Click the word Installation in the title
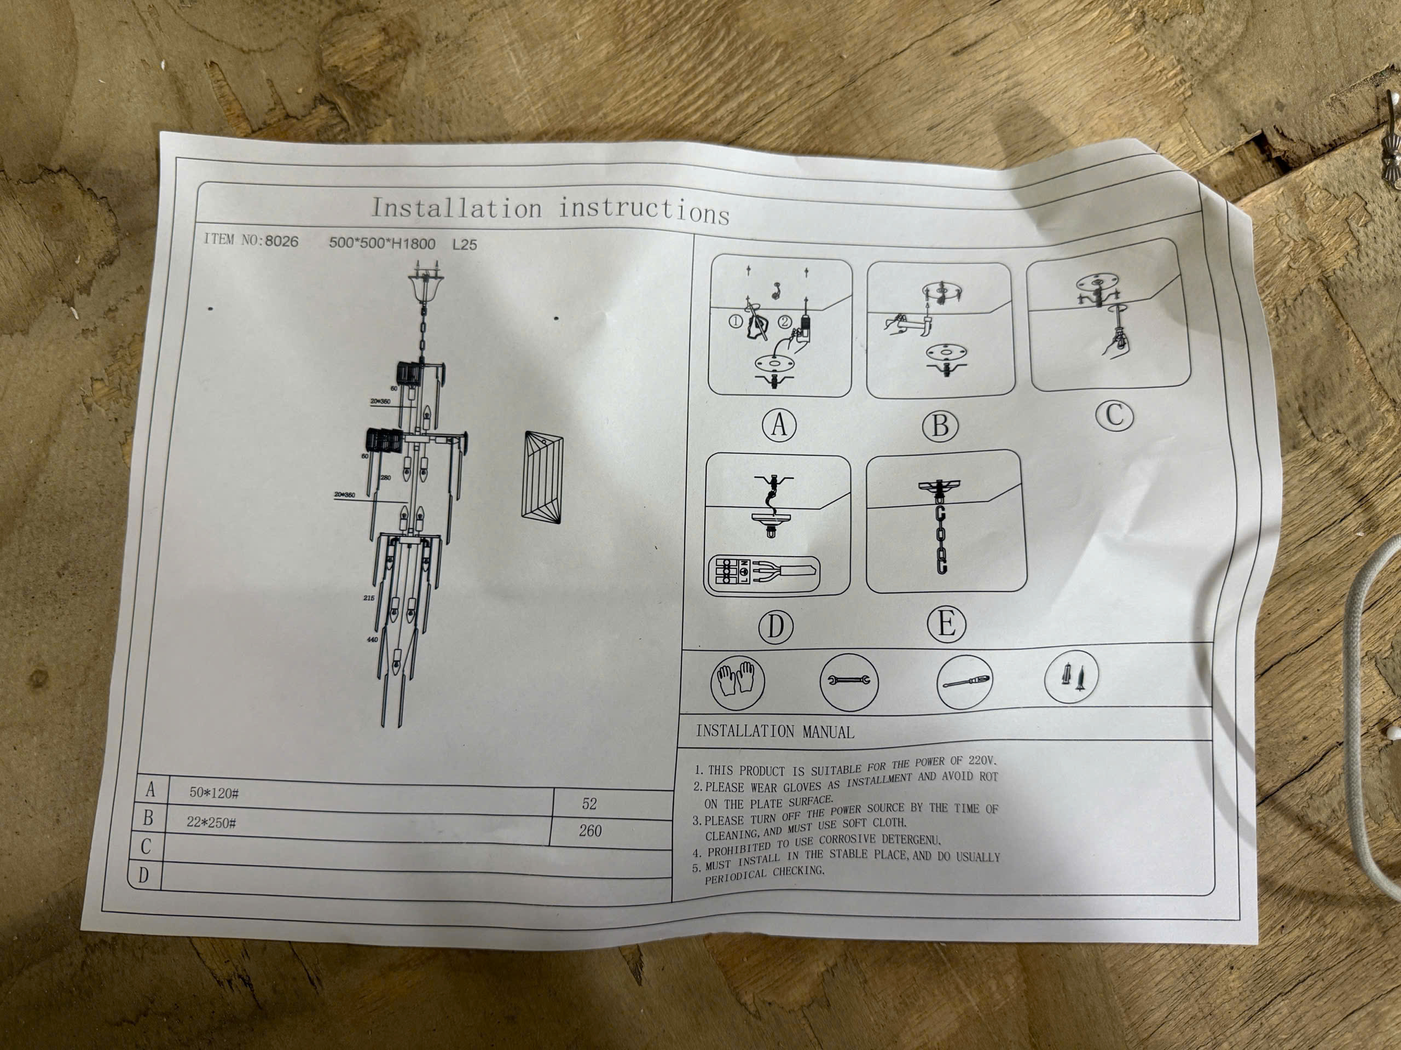456,208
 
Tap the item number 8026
282,241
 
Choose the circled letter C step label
1114,415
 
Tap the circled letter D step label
775,627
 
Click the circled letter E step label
946,624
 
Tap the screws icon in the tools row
1071,677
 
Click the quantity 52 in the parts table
589,804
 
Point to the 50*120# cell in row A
214,793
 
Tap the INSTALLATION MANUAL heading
774,732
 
